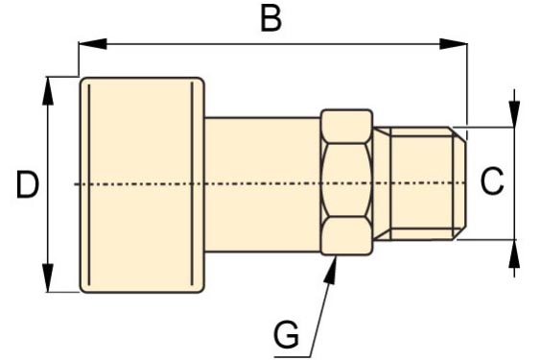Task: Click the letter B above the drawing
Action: click(271, 19)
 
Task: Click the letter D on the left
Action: click(28, 185)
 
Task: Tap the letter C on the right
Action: click(492, 181)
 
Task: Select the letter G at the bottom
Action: click(286, 334)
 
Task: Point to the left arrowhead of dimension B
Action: click(92, 44)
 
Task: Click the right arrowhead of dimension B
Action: click(454, 44)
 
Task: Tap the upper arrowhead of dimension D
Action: click(48, 90)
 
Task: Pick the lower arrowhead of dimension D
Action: click(48, 278)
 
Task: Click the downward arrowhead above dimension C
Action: click(514, 114)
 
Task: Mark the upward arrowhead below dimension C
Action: click(514, 253)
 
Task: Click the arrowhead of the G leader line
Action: click(332, 271)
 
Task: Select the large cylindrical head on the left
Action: click(142, 185)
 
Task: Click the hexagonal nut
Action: click(347, 182)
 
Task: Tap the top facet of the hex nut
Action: click(347, 126)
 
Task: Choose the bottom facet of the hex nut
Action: click(347, 236)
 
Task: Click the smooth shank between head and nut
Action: click(263, 185)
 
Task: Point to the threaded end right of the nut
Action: click(420, 183)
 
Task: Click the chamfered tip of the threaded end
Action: click(459, 183)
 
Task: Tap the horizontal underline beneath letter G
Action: click(293, 356)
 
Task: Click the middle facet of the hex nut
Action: click(347, 180)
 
